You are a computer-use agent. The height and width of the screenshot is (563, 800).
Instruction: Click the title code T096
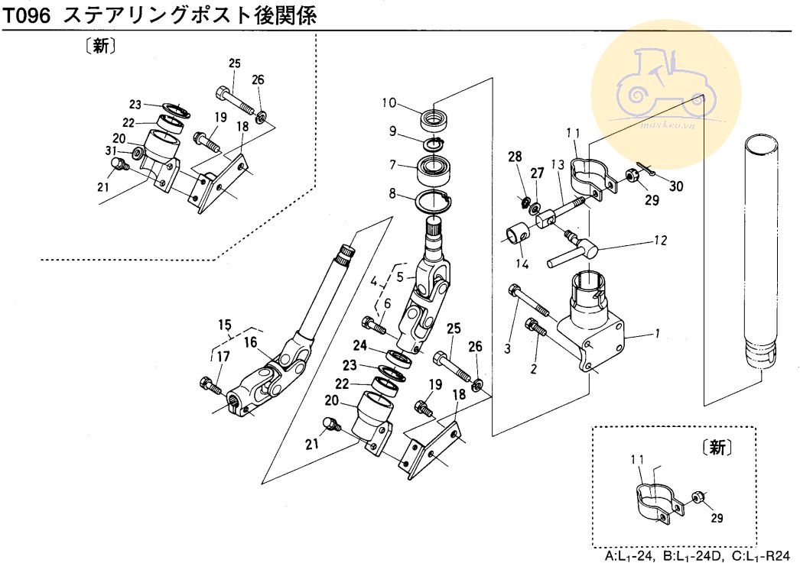[28, 15]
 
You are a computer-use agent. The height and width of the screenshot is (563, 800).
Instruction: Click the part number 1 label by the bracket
[657, 334]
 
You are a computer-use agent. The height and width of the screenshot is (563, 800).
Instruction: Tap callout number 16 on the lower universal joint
[250, 341]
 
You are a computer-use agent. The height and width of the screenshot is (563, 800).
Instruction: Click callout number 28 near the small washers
[515, 157]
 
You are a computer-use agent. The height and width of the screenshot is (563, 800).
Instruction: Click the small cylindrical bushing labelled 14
[517, 230]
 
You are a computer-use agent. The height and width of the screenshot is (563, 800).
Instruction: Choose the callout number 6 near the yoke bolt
[387, 304]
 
